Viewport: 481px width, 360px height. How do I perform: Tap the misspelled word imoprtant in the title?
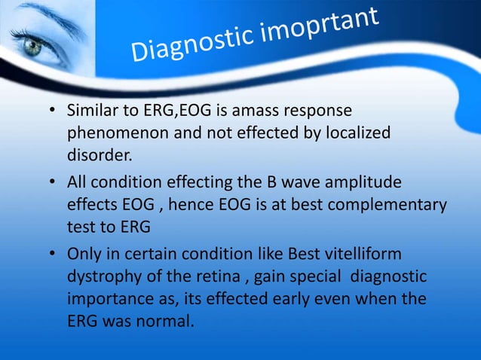click(x=328, y=28)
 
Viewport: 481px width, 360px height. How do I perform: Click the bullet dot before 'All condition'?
click(x=54, y=182)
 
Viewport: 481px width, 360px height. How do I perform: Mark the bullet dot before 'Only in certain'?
click(x=54, y=252)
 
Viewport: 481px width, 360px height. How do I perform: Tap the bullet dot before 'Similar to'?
click(x=54, y=112)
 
